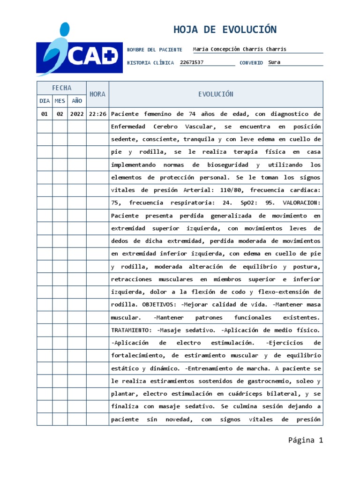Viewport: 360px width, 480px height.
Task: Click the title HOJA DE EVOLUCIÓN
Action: (225, 30)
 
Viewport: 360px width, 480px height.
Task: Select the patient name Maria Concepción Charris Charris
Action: (240, 49)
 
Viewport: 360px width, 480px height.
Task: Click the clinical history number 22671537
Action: (192, 62)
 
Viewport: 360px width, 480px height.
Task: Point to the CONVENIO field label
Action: (251, 63)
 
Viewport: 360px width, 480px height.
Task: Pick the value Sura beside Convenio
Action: (274, 62)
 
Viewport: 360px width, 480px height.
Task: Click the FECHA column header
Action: (61, 88)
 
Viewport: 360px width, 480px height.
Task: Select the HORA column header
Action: (97, 94)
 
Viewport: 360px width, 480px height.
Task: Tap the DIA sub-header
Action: (45, 101)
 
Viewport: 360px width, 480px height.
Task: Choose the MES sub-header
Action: (60, 101)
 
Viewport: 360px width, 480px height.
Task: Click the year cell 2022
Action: (76, 114)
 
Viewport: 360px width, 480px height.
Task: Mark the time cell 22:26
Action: (97, 114)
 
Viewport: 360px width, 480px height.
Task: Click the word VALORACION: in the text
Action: (302, 203)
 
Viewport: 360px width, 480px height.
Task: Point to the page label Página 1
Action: (306, 440)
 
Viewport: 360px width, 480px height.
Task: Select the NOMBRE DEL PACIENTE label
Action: (155, 50)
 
